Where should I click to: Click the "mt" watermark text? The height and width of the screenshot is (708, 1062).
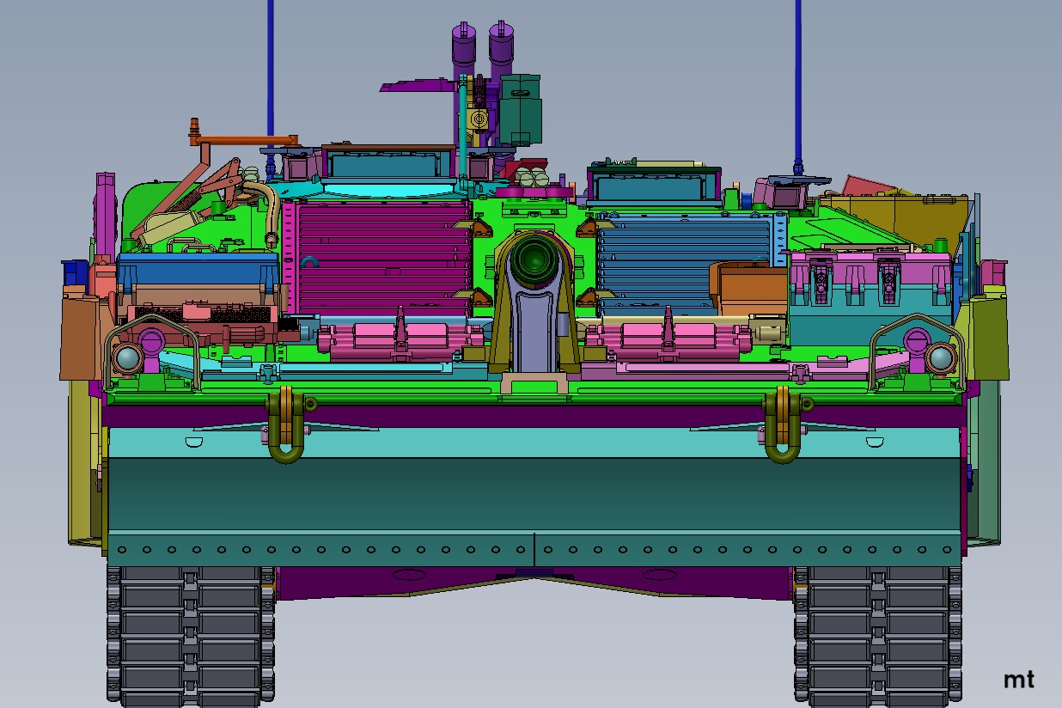pyautogui.click(x=1019, y=680)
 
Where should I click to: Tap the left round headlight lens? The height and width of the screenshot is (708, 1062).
pyautogui.click(x=127, y=358)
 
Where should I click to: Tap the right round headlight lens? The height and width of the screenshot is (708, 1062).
pyautogui.click(x=940, y=357)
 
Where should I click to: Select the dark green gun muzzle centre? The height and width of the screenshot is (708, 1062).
pyautogui.click(x=534, y=259)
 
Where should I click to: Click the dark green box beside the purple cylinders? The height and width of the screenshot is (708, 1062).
pyautogui.click(x=521, y=109)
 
